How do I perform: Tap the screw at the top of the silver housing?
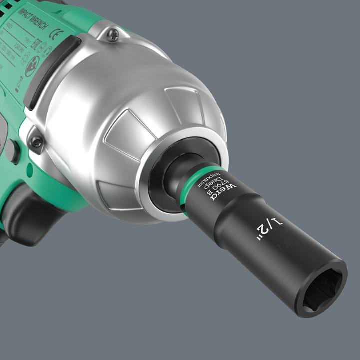tap(113, 35)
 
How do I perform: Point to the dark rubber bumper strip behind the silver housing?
tap(50, 70)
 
